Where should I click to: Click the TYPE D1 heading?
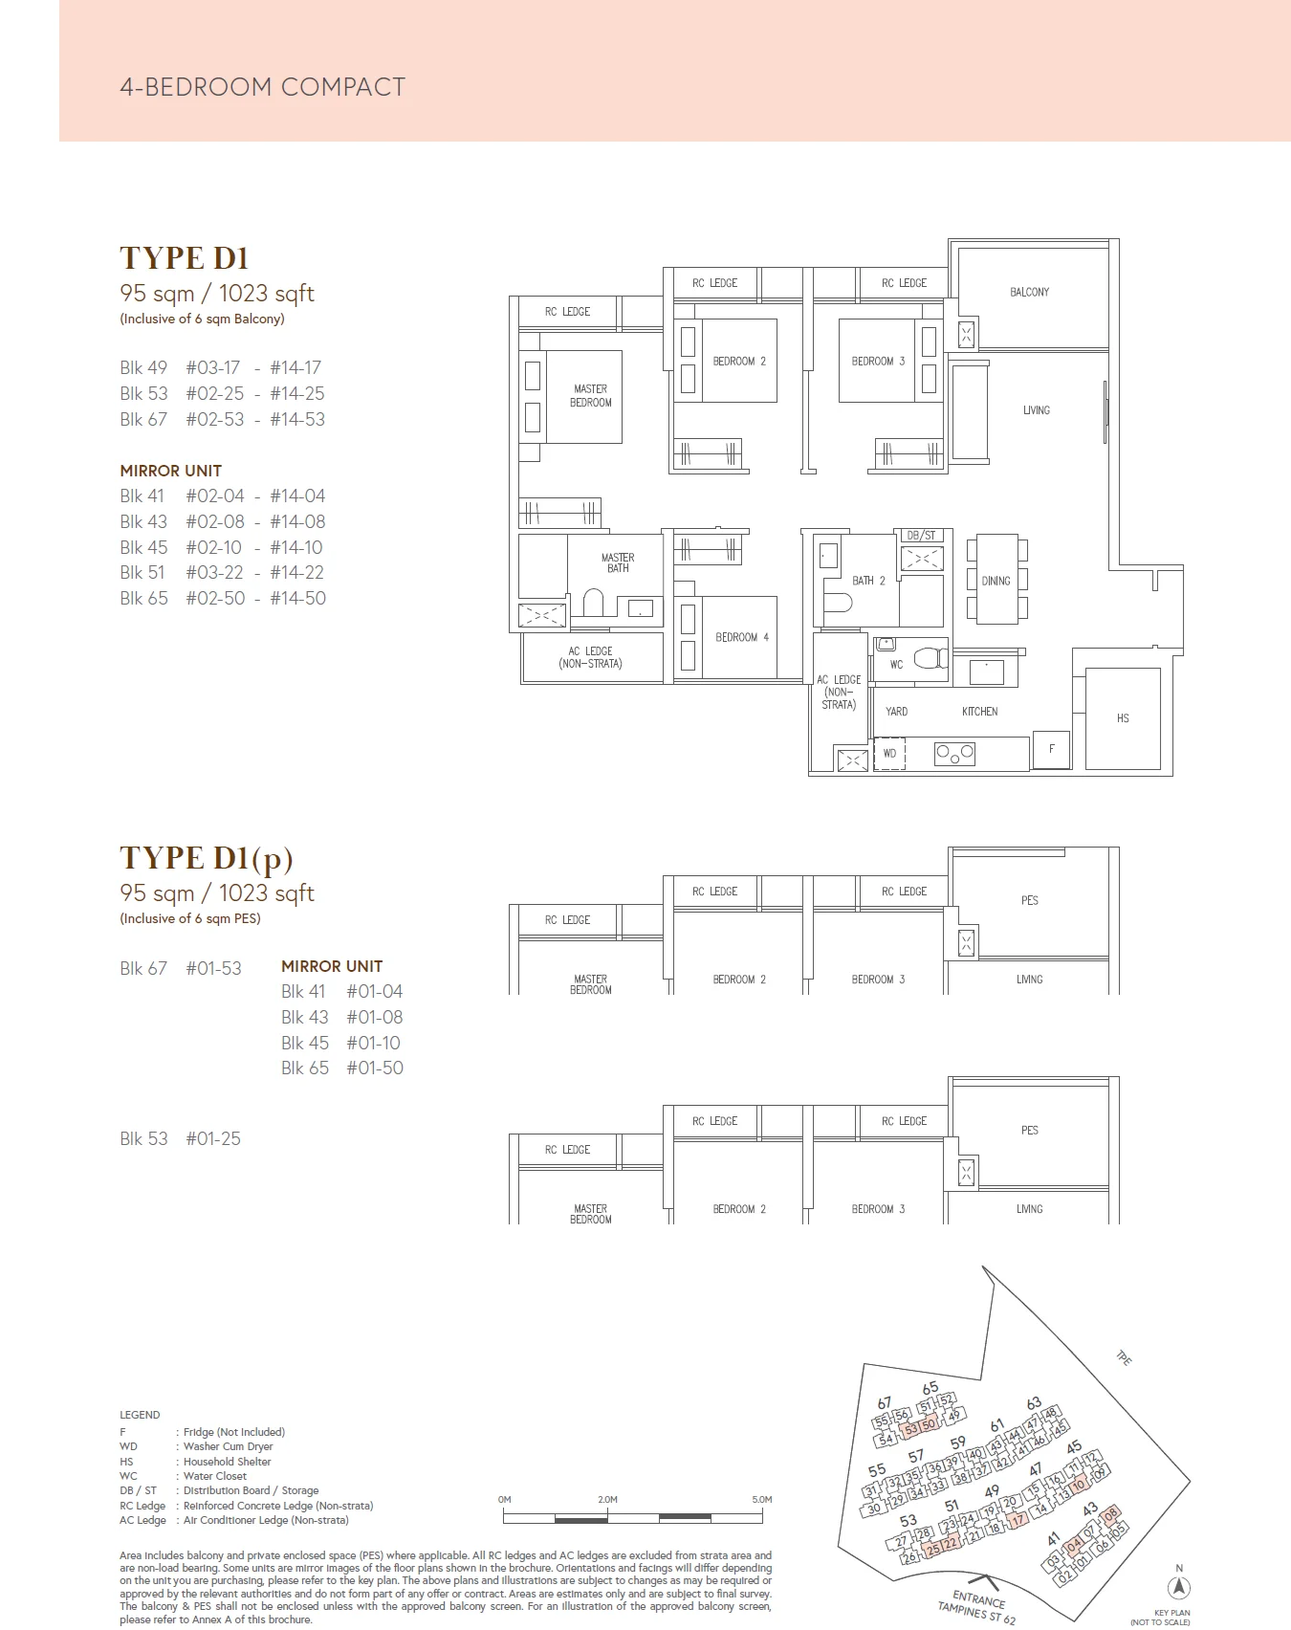point(184,258)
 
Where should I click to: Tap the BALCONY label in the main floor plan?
point(1029,292)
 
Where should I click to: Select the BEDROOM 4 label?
point(741,637)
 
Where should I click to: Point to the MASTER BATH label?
point(618,562)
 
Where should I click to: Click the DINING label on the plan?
point(996,581)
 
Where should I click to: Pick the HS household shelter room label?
point(1123,718)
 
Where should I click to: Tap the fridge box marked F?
point(1051,749)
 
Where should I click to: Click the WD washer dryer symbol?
point(889,753)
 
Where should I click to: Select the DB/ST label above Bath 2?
point(921,536)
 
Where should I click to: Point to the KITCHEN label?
point(979,712)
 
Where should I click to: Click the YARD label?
point(896,712)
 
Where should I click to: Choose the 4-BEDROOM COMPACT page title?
point(263,87)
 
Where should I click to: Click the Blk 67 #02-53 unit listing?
point(222,419)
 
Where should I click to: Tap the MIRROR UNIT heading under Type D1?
point(170,471)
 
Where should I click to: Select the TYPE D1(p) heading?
point(206,858)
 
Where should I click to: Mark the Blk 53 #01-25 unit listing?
point(180,1138)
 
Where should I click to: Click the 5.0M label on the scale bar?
point(761,1499)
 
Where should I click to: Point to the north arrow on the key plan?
point(1180,1586)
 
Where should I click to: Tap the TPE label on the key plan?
point(1124,1358)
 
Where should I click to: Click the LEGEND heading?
point(140,1415)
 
